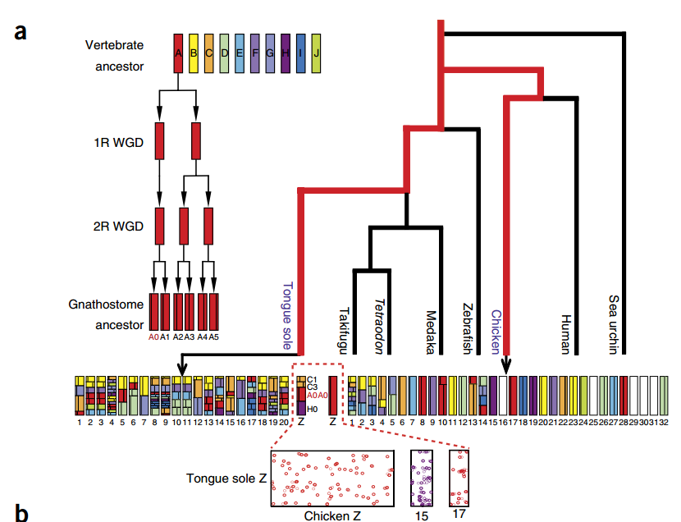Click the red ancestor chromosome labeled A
(178, 53)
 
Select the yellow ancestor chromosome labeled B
(194, 53)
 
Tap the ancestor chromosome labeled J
(316, 53)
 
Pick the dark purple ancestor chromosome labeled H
(286, 53)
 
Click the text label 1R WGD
(118, 141)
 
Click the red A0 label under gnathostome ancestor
(153, 336)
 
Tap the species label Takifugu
(344, 331)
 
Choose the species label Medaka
(430, 331)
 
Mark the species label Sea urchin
(612, 324)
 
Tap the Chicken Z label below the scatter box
(331, 515)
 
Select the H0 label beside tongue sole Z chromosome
(313, 408)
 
